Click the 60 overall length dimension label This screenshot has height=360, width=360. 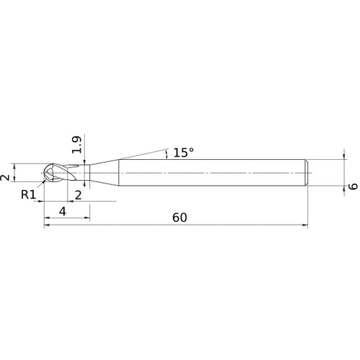coord(179,217)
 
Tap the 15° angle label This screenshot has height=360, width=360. coord(184,153)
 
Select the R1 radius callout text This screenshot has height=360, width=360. coord(28,194)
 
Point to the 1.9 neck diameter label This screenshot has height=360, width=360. coord(77,145)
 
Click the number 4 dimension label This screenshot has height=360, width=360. coord(63,212)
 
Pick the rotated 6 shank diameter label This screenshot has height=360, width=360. coord(353,186)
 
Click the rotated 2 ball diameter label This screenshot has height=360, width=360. coord(5,178)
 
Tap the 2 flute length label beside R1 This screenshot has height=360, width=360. coord(78,195)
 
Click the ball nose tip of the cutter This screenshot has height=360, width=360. coord(44,173)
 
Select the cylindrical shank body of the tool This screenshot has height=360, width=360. coord(213,173)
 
